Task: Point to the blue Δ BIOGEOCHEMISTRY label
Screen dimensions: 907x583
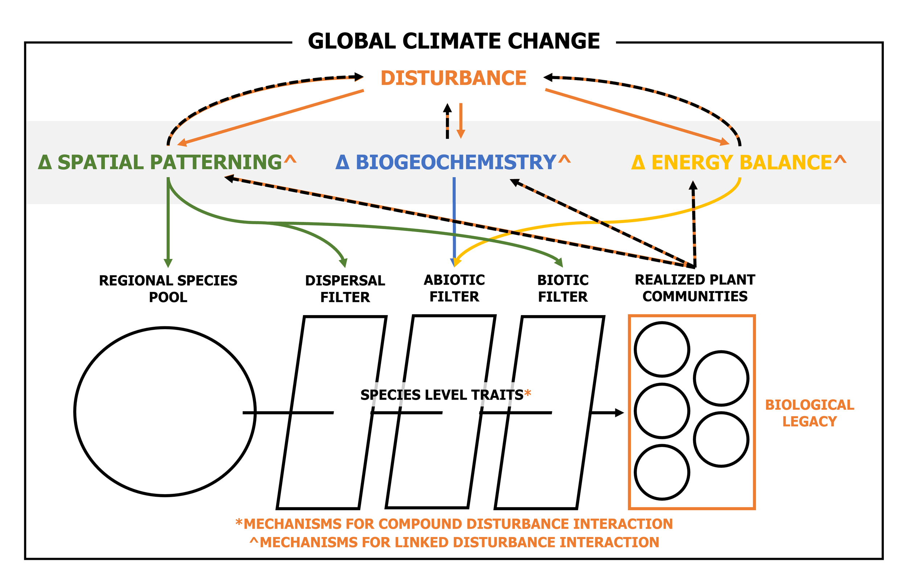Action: tap(446, 162)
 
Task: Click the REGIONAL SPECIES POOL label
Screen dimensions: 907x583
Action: tap(168, 289)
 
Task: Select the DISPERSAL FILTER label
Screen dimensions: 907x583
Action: tap(345, 289)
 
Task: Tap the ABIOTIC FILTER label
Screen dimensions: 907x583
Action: tap(454, 289)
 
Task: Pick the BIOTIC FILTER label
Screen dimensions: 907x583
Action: tap(563, 289)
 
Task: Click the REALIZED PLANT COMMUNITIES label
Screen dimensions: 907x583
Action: tap(694, 288)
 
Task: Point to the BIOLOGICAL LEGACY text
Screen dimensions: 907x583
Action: tap(810, 413)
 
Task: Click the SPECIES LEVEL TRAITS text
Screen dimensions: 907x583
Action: tap(442, 395)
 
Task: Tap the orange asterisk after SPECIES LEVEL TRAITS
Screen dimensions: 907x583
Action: tap(528, 394)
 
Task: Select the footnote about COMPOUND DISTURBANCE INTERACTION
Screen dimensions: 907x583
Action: tap(454, 524)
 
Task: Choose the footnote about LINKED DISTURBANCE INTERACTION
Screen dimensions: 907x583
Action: tap(454, 542)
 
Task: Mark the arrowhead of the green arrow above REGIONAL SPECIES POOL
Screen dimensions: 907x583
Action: tap(168, 263)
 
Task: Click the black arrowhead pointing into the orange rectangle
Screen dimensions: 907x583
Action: tap(620, 413)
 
